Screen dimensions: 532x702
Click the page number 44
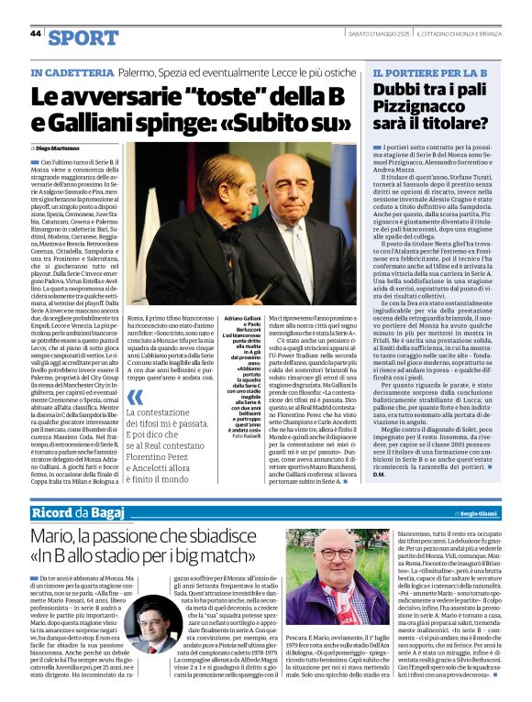point(36,34)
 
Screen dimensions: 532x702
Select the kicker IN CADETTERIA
point(65,72)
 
